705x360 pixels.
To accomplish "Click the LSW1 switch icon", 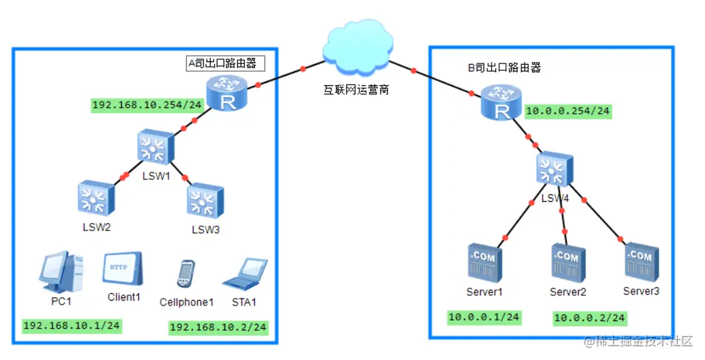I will (x=156, y=146).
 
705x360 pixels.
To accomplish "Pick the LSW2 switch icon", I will (x=95, y=198).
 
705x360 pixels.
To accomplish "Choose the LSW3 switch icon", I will (x=205, y=200).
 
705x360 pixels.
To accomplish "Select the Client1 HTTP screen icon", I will (x=123, y=269).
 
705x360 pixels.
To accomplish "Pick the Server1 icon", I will (x=483, y=264).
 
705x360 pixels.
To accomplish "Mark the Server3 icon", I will (x=640, y=263).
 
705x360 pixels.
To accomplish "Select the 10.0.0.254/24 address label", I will (x=567, y=111).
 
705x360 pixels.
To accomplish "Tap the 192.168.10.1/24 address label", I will (x=72, y=325).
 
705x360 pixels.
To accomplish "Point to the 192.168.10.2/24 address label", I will (x=218, y=327).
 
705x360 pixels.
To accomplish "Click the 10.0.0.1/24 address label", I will (x=483, y=317).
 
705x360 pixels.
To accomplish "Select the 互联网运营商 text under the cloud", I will (x=356, y=89).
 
